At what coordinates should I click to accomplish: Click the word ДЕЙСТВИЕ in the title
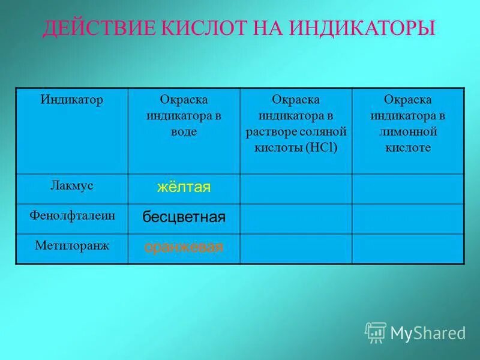[x=95, y=28]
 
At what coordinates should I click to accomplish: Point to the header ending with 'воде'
[x=184, y=115]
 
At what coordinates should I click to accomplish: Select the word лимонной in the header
[x=407, y=131]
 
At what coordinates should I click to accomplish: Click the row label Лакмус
[x=71, y=186]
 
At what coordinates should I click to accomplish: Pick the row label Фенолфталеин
[x=71, y=215]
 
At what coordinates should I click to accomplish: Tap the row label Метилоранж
[x=71, y=245]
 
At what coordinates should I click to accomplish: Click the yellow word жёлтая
[x=184, y=188]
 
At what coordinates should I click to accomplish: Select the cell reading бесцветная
[x=184, y=217]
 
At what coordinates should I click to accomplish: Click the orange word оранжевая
[x=184, y=247]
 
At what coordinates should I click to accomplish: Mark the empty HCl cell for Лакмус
[x=296, y=188]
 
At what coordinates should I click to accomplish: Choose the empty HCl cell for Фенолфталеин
[x=296, y=218]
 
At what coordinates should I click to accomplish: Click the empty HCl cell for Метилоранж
[x=296, y=248]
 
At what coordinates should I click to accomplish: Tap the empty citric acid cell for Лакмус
[x=407, y=188]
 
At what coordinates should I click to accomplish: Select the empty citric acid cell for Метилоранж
[x=407, y=248]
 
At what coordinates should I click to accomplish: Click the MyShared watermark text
[x=428, y=332]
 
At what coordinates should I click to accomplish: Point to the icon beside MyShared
[x=376, y=332]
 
